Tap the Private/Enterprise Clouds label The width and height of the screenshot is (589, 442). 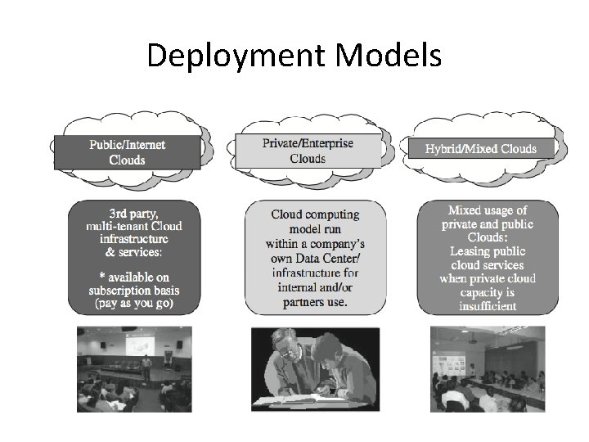[x=308, y=151]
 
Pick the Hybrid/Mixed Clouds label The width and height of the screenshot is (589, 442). [x=481, y=149]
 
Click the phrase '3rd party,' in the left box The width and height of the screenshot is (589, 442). [x=133, y=212]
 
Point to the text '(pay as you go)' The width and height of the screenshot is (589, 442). [x=134, y=304]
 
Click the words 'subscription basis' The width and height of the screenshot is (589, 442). [x=134, y=291]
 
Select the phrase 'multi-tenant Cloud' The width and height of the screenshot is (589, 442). [x=134, y=226]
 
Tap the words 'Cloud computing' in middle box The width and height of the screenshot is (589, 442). [x=315, y=214]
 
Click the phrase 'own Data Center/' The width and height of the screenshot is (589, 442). [x=315, y=258]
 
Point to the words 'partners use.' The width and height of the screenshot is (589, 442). [x=315, y=302]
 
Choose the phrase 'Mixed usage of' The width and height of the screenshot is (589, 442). [x=488, y=210]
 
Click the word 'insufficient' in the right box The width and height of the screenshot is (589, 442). [x=488, y=306]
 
